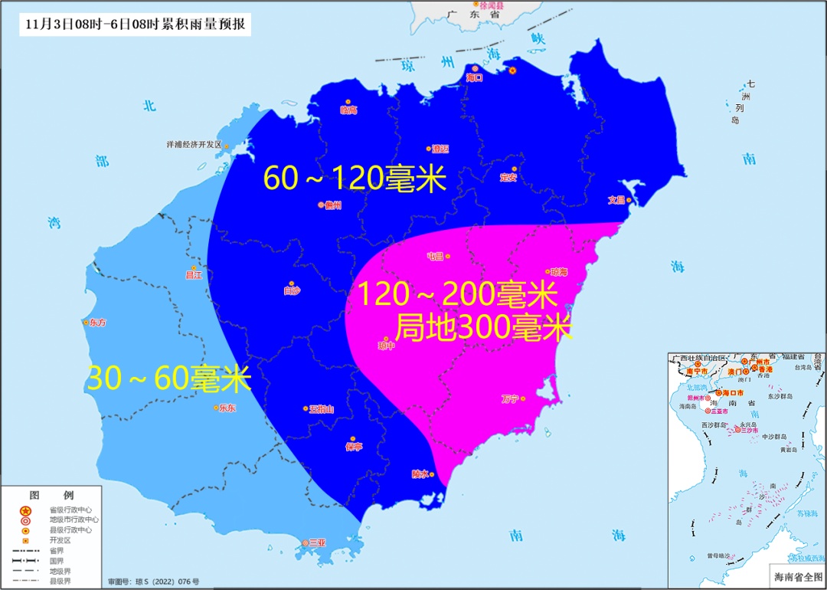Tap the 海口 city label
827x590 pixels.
click(x=475, y=77)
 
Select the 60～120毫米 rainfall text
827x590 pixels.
click(x=355, y=179)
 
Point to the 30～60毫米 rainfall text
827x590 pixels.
click(x=169, y=379)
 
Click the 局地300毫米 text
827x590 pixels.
click(x=483, y=328)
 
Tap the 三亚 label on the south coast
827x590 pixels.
click(x=317, y=542)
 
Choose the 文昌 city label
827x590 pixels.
click(x=616, y=200)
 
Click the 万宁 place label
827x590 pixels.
click(x=510, y=398)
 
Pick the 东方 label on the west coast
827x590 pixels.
click(x=97, y=323)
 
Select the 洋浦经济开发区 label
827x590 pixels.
click(x=194, y=144)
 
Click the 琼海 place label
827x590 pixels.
click(x=559, y=272)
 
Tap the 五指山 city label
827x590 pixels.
click(x=321, y=408)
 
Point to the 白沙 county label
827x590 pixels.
click(x=292, y=290)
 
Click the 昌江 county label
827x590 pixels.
click(x=194, y=274)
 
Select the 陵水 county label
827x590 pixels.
click(x=420, y=474)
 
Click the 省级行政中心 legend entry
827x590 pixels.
click(x=70, y=510)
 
